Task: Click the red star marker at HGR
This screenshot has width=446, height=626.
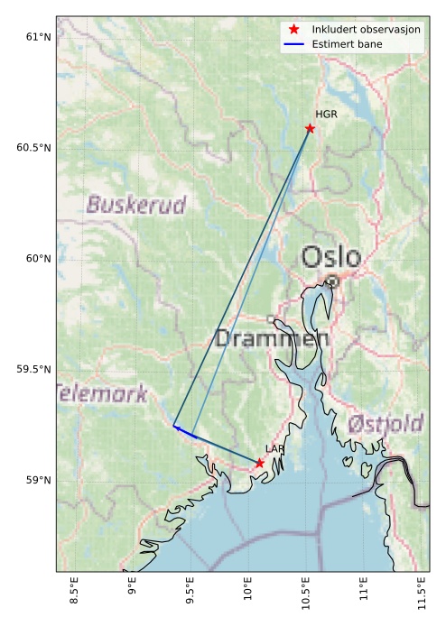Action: pyautogui.click(x=310, y=128)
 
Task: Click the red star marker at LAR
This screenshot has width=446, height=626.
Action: pyautogui.click(x=259, y=463)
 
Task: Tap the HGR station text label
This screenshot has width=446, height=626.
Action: pyautogui.click(x=324, y=115)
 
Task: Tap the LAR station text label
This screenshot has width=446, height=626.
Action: pyautogui.click(x=274, y=448)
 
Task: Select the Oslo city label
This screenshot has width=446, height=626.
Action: pyautogui.click(x=331, y=257)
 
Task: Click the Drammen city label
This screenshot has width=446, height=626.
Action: pyautogui.click(x=272, y=339)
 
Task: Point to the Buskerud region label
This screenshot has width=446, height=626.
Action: pyautogui.click(x=135, y=205)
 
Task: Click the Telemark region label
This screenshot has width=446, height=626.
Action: pyautogui.click(x=101, y=394)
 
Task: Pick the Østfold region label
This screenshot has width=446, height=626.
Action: pyautogui.click(x=386, y=423)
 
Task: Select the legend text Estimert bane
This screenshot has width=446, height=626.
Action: pyautogui.click(x=347, y=43)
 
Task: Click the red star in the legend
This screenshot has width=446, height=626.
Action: pyautogui.click(x=293, y=29)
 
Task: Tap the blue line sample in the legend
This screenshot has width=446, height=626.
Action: pyautogui.click(x=293, y=43)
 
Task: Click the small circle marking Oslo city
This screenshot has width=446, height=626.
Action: pyautogui.click(x=332, y=281)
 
